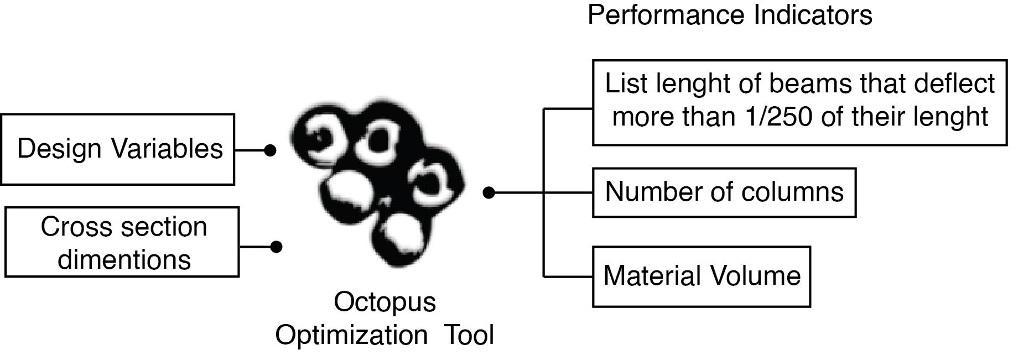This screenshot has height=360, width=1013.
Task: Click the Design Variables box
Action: click(x=117, y=149)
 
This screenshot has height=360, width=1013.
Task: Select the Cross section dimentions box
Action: click(x=122, y=242)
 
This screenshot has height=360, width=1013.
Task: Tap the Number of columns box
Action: click(x=724, y=192)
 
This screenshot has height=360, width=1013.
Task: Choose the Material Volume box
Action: click(x=702, y=276)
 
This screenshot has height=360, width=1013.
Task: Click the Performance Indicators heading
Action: click(x=730, y=15)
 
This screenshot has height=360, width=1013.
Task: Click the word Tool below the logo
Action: click(x=470, y=335)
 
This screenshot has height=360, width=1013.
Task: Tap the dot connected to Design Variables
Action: click(x=269, y=150)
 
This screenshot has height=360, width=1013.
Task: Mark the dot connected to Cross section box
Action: click(x=276, y=247)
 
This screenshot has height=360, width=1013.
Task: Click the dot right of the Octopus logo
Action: click(x=489, y=192)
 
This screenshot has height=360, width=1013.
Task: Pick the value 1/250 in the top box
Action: click(x=780, y=117)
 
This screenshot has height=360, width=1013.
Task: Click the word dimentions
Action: click(x=124, y=259)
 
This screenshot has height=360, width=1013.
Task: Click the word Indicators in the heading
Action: click(x=813, y=15)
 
